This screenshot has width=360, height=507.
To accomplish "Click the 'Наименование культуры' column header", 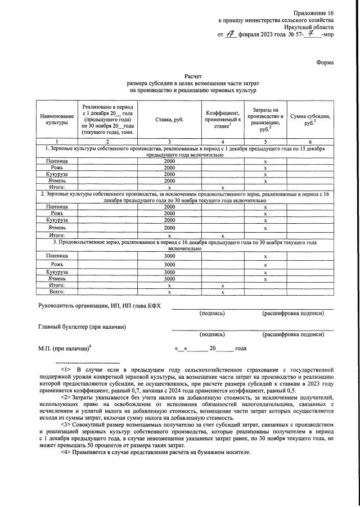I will [x=57, y=119].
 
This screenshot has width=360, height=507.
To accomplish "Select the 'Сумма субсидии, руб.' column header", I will [x=310, y=119].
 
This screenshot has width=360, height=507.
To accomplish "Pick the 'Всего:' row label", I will [x=57, y=292].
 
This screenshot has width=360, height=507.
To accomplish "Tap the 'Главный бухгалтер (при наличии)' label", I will [x=82, y=327].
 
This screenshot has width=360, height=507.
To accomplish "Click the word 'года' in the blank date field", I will [x=241, y=348].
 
